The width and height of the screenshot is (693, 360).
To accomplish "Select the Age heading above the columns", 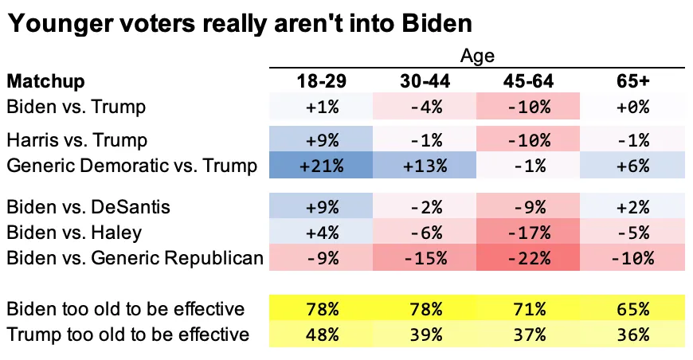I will (x=477, y=56).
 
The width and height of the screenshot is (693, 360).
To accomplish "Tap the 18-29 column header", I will (x=322, y=81).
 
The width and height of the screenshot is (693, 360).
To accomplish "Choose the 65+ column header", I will (x=633, y=81).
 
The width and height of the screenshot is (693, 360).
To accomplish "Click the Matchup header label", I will (x=45, y=81).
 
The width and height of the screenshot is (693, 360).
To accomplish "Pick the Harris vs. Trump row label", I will (x=76, y=140).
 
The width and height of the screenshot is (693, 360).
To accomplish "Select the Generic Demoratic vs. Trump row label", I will (x=131, y=166).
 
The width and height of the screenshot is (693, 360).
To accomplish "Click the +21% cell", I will (x=322, y=166).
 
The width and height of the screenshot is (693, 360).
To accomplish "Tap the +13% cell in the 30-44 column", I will (x=425, y=166).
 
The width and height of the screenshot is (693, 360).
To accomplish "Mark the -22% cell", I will (x=529, y=258).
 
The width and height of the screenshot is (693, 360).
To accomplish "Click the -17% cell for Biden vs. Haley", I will (x=529, y=232).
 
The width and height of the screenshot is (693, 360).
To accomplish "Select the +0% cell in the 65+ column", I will (x=633, y=106).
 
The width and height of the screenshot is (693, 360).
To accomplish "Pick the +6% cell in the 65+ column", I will (x=633, y=166).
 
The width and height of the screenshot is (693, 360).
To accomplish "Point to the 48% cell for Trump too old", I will (x=322, y=335).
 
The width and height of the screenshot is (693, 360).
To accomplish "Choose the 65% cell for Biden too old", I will (x=633, y=308).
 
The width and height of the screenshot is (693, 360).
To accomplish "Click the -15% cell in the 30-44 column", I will (x=425, y=258).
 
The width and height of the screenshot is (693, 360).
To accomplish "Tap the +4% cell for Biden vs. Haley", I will (x=322, y=232).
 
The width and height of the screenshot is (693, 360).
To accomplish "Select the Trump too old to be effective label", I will (x=127, y=335).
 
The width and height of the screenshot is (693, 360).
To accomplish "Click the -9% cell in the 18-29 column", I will (x=322, y=258).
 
